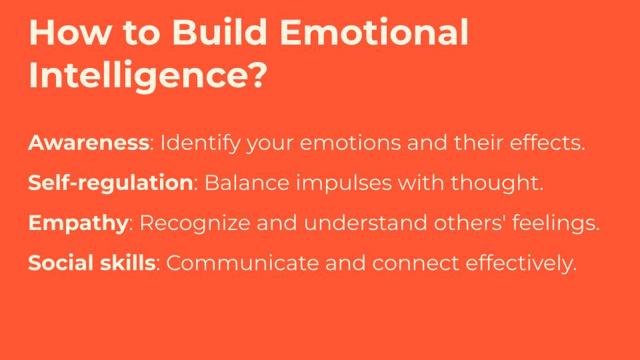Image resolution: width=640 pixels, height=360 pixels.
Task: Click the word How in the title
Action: [x=69, y=32]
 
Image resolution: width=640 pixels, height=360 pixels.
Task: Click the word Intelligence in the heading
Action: [x=137, y=75]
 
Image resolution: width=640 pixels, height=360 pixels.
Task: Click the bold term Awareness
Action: [x=89, y=143]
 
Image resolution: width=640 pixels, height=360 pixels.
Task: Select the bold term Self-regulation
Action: [x=110, y=183]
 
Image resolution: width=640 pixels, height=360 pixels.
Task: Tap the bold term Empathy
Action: [x=79, y=223]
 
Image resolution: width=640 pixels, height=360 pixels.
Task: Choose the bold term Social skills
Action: [x=92, y=263]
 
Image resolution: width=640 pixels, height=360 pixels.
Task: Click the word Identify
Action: [x=200, y=143]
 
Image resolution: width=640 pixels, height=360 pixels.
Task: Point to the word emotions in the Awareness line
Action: [x=350, y=143]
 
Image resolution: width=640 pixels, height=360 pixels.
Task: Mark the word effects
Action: [x=547, y=143]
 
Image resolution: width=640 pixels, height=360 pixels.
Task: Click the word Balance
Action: [x=247, y=183]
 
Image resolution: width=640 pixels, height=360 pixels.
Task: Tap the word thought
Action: [x=497, y=183]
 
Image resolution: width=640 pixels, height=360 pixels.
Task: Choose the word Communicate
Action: [x=243, y=263]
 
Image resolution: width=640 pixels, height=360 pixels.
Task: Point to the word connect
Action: [x=415, y=263]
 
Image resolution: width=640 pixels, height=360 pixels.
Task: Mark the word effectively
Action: [x=521, y=263]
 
